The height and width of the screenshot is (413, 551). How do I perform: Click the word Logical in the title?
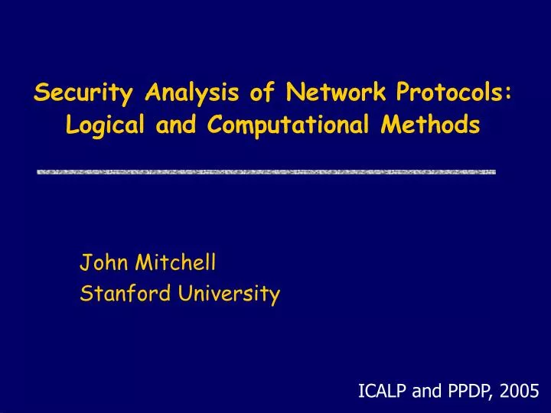(99, 125)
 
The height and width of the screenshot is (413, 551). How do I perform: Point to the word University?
(230, 293)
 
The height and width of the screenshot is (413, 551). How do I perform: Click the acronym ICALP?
(383, 392)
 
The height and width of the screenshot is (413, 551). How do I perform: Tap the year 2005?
(516, 392)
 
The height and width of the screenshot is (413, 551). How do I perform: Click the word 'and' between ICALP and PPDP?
(425, 392)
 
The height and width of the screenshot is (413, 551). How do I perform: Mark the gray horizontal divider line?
(266, 172)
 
